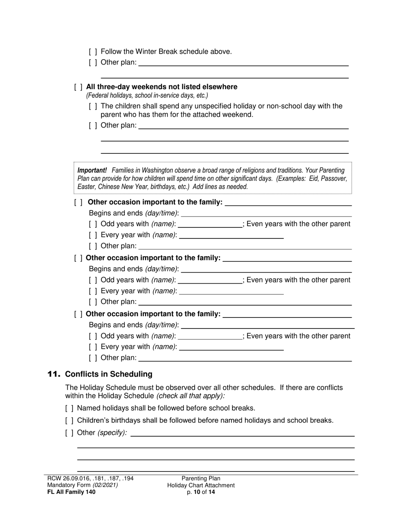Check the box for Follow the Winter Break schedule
93,52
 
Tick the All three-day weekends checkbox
78,87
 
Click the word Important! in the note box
92,170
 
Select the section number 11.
54,374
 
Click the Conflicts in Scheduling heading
109,374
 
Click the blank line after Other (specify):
242,433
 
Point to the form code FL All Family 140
72,492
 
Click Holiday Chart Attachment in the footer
201,485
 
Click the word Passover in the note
334,178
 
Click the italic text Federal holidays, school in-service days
147,96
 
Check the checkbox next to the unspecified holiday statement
93,106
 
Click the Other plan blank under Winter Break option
243,63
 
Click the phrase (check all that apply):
191,396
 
